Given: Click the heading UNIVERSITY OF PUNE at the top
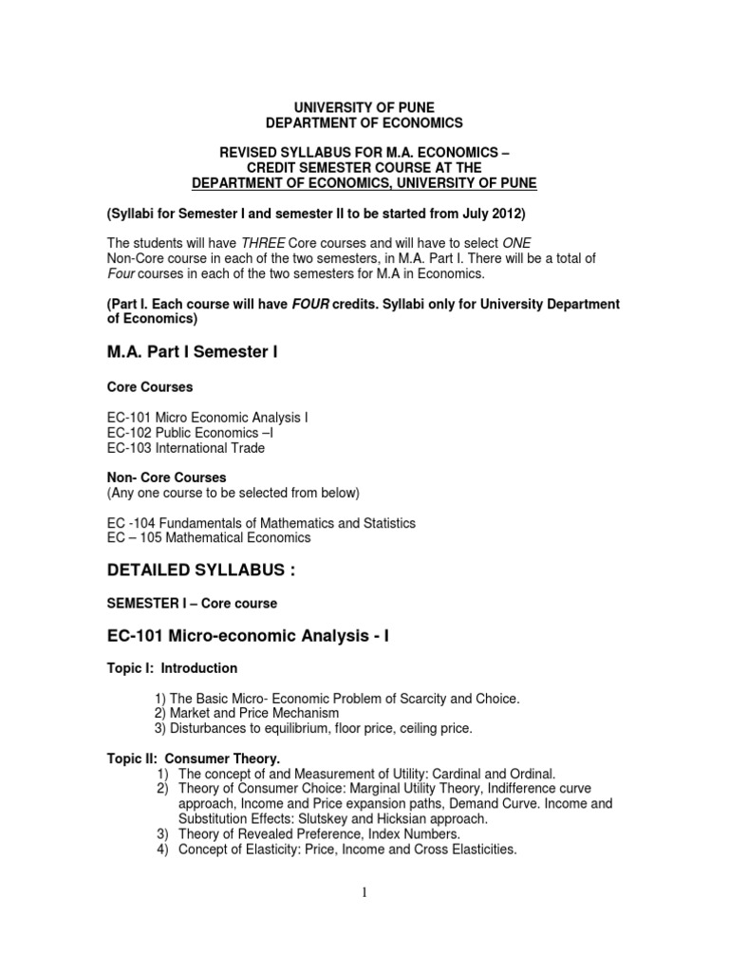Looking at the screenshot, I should coord(364,107).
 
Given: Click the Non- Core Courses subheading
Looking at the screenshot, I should coord(166,477).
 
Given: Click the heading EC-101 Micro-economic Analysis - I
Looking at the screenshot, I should coord(248,636).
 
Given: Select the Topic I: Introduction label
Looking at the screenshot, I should coord(170,668).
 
